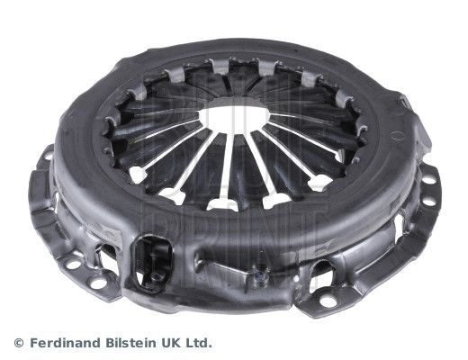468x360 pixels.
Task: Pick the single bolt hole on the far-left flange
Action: click(42, 173)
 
